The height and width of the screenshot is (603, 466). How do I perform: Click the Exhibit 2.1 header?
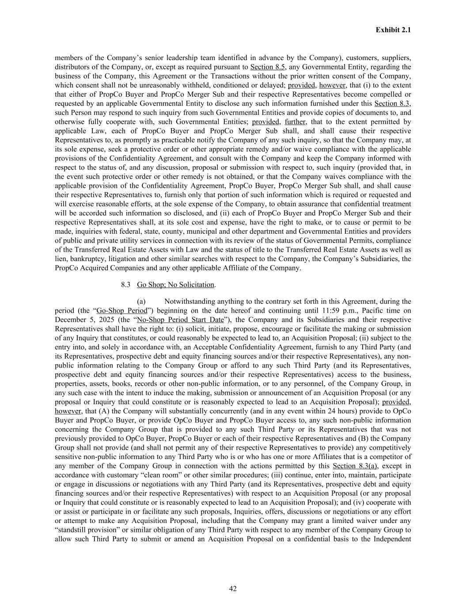click(x=393, y=30)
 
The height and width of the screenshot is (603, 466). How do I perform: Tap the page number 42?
click(x=233, y=588)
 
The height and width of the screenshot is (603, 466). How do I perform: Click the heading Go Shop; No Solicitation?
click(x=175, y=285)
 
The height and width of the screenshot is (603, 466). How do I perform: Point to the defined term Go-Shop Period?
click(x=121, y=311)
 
